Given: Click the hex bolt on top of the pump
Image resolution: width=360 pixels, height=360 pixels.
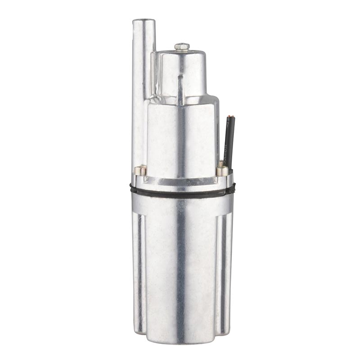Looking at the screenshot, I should (x=182, y=46).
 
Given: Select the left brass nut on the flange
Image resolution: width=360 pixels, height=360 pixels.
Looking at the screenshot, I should (x=140, y=170).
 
